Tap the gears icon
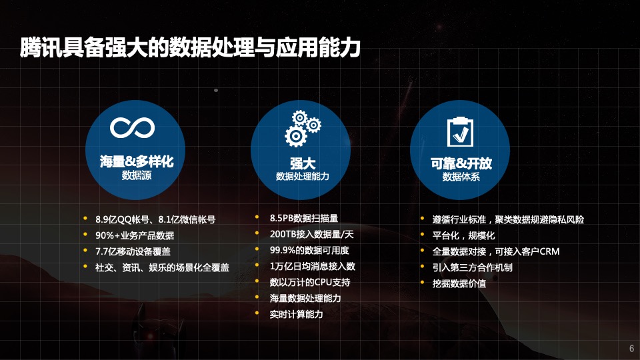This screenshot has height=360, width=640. pyautogui.click(x=303, y=129)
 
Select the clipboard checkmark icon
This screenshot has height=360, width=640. pyautogui.click(x=460, y=131)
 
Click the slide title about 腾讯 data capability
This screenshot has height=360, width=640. pyautogui.click(x=190, y=47)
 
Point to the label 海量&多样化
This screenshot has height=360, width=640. pyautogui.click(x=137, y=161)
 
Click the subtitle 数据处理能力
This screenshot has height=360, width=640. pyautogui.click(x=303, y=176)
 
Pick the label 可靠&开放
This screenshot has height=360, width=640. pyautogui.click(x=461, y=163)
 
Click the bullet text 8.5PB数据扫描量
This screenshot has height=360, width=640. pyautogui.click(x=304, y=219)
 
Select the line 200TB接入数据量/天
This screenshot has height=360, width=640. pyautogui.click(x=311, y=234)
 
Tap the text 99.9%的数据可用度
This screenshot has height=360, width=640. pyautogui.click(x=309, y=250)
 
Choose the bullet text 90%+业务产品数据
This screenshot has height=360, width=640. pyautogui.click(x=135, y=235)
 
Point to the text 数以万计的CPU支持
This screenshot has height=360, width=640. pyautogui.click(x=310, y=283)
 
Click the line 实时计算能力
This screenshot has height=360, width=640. pyautogui.click(x=296, y=314)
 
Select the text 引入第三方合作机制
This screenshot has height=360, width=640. pyautogui.click(x=472, y=268)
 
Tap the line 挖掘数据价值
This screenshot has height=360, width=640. pyautogui.click(x=459, y=284)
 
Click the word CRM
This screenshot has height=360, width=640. pyautogui.click(x=549, y=251)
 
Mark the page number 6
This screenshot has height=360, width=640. pyautogui.click(x=631, y=349)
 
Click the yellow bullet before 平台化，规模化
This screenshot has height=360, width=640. pyautogui.click(x=423, y=235)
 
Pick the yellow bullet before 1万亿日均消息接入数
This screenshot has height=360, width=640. pyautogui.click(x=257, y=265)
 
